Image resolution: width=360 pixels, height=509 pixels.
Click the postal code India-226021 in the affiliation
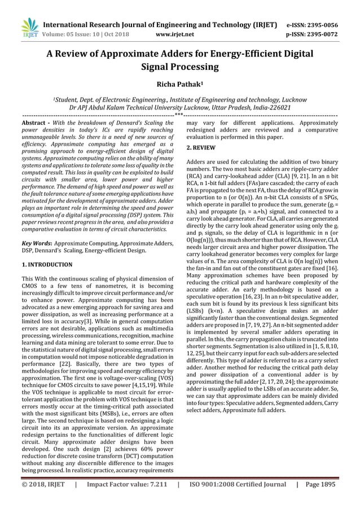coord(271,107)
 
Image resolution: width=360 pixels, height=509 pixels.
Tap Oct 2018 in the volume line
coord(116,34)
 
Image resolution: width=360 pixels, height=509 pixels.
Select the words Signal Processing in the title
coord(179,68)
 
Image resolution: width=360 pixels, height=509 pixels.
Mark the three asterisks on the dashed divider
coord(179,115)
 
